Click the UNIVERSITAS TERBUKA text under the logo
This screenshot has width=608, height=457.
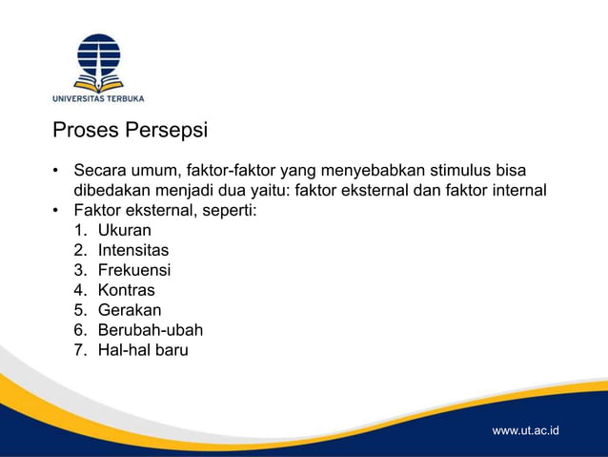coord(98,98)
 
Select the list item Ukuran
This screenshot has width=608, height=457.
coord(124,230)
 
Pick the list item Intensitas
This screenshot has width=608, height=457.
coord(132,250)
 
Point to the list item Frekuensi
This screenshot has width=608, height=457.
coord(134,270)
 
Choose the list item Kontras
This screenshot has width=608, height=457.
coord(126,290)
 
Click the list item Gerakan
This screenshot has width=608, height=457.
coord(130,310)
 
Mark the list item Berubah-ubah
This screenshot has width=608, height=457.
coord(150,330)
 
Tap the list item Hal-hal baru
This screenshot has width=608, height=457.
coord(143,350)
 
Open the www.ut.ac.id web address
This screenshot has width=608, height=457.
coord(525,431)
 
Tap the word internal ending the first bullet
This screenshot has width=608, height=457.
coord(516,190)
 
